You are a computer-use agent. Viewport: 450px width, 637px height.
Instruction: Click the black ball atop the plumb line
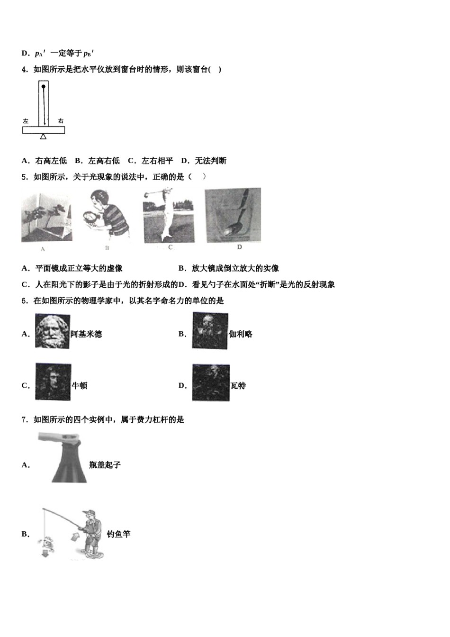click(44, 87)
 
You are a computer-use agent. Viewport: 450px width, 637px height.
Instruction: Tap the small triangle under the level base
click(44, 136)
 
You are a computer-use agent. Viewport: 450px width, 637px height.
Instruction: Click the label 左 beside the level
click(26, 121)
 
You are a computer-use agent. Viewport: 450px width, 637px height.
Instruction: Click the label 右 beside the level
click(61, 121)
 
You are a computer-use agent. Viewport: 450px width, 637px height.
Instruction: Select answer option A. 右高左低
click(45, 161)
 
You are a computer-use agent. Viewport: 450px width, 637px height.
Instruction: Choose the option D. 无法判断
click(204, 161)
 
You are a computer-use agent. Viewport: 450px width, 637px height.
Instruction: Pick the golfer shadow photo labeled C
click(169, 216)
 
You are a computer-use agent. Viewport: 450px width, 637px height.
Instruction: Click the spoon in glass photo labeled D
click(233, 215)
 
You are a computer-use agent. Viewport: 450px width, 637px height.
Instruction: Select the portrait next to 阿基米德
click(52, 331)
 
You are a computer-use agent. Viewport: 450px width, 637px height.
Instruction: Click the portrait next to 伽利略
click(210, 331)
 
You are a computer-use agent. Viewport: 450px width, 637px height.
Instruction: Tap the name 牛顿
click(80, 386)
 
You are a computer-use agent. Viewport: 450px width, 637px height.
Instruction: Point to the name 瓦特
click(238, 386)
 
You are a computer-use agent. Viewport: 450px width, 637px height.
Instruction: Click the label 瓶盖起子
click(105, 465)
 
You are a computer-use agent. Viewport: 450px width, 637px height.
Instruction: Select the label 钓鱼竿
click(118, 534)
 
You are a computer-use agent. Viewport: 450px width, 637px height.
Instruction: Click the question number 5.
click(24, 177)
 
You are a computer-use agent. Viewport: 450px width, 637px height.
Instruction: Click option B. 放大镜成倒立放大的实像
click(229, 268)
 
